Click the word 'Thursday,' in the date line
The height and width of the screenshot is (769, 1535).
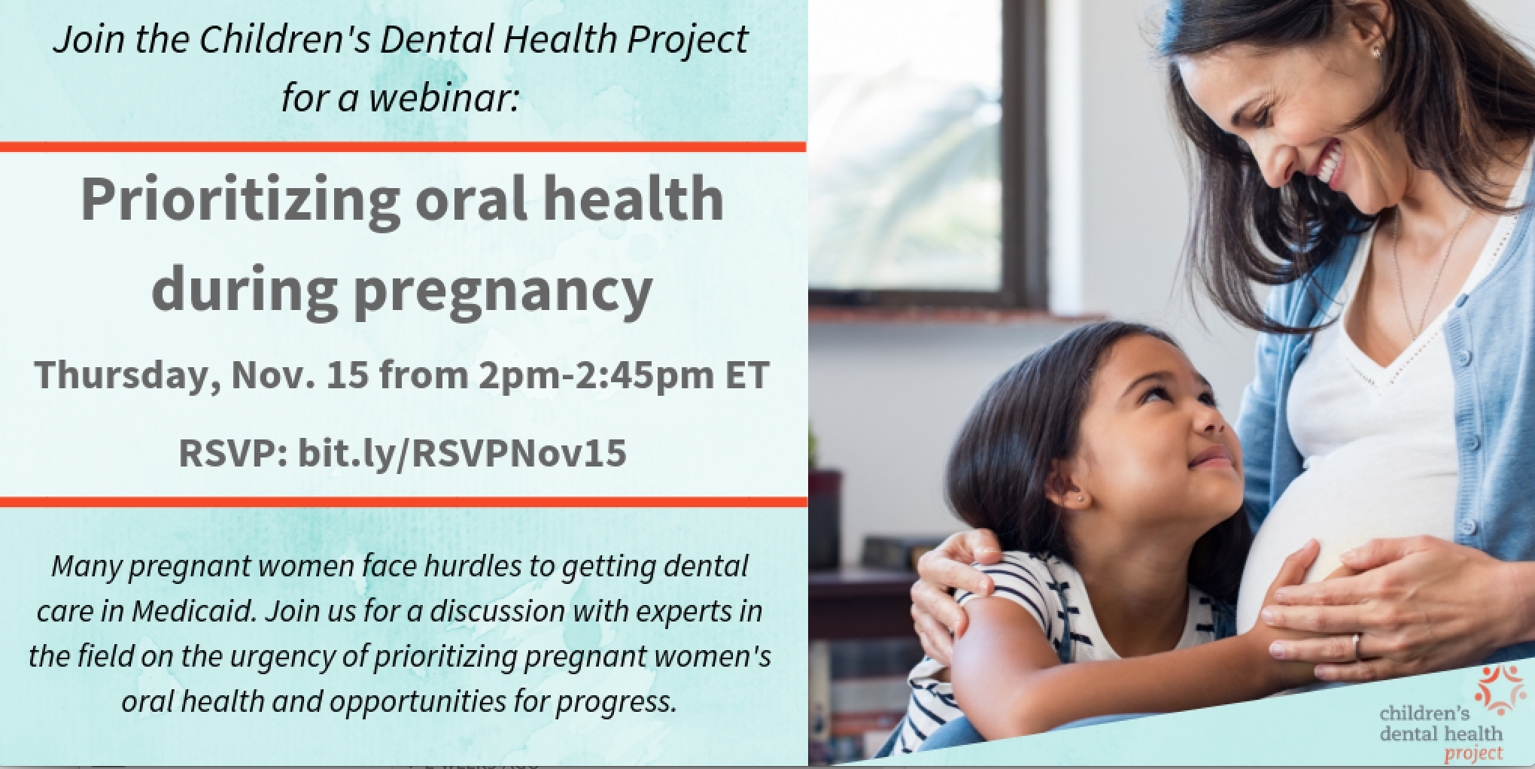(121, 375)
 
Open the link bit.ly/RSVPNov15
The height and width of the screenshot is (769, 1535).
(463, 453)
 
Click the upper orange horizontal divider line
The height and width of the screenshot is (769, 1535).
(403, 147)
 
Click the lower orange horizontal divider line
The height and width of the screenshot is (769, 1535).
(403, 501)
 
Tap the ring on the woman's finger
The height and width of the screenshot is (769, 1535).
(1358, 646)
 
